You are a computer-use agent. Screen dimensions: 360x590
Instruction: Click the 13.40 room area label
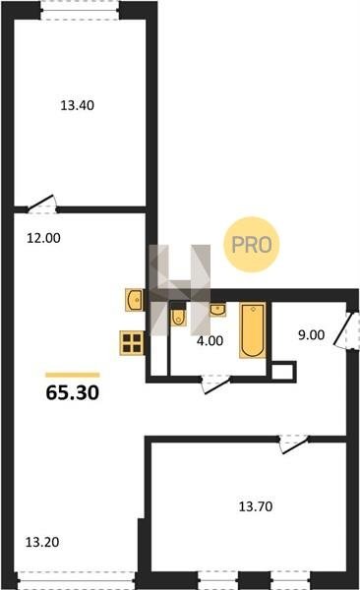click(77, 105)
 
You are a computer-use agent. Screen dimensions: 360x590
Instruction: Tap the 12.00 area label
click(43, 238)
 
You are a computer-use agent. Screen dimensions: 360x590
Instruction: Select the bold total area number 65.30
click(73, 392)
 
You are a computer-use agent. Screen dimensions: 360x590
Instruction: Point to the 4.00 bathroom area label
click(210, 341)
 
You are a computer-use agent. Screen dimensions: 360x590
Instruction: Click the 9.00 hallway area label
click(312, 335)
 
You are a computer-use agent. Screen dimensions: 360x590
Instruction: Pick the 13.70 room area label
click(256, 506)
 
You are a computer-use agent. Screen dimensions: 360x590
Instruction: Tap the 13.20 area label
click(42, 542)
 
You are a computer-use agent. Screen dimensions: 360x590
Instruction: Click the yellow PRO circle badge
click(252, 244)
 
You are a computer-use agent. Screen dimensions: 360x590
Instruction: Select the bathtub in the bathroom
click(253, 330)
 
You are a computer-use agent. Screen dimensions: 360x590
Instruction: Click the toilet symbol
click(178, 317)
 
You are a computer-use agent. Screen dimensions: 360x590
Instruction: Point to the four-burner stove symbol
click(132, 342)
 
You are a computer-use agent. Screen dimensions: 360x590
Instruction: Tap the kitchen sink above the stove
click(135, 300)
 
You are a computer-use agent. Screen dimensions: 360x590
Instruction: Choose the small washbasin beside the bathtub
click(218, 310)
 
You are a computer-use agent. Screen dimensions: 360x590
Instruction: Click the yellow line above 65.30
click(73, 375)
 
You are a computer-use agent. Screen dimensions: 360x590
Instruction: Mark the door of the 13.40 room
click(41, 206)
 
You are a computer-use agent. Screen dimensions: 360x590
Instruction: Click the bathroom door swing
click(215, 384)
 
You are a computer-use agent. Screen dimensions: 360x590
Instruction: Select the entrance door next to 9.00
click(345, 330)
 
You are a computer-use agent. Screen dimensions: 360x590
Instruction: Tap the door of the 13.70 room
click(294, 444)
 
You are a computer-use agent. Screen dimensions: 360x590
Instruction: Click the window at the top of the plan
click(80, 10)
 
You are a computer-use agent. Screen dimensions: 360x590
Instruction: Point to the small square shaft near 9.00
click(283, 372)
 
